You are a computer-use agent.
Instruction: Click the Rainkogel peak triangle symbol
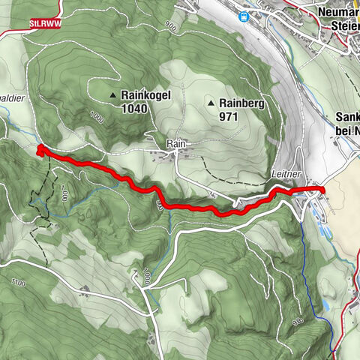(112, 95)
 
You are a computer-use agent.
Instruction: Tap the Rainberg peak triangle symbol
(212, 103)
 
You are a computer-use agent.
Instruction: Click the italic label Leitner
(286, 173)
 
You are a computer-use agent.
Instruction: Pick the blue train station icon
(243, 15)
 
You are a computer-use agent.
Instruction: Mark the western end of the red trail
(38, 151)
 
